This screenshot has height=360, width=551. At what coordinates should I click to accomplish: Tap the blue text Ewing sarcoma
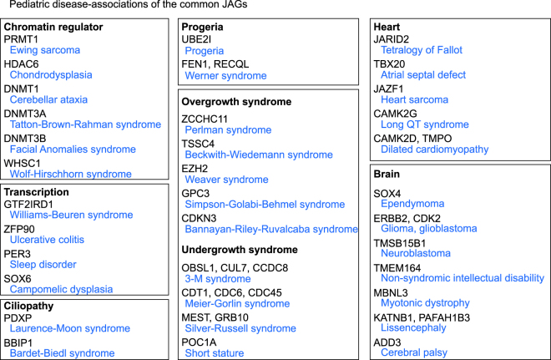pyautogui.click(x=44, y=51)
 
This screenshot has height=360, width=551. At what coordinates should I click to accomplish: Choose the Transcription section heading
pyautogui.click(x=40, y=191)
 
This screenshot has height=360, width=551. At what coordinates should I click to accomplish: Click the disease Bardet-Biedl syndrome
pyautogui.click(x=63, y=354)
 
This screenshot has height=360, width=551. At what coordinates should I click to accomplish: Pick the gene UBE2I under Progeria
pyautogui.click(x=197, y=39)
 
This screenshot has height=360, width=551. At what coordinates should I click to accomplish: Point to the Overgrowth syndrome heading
pyautogui.click(x=236, y=102)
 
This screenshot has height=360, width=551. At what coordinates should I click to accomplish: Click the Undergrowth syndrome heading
pyautogui.click(x=240, y=250)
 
